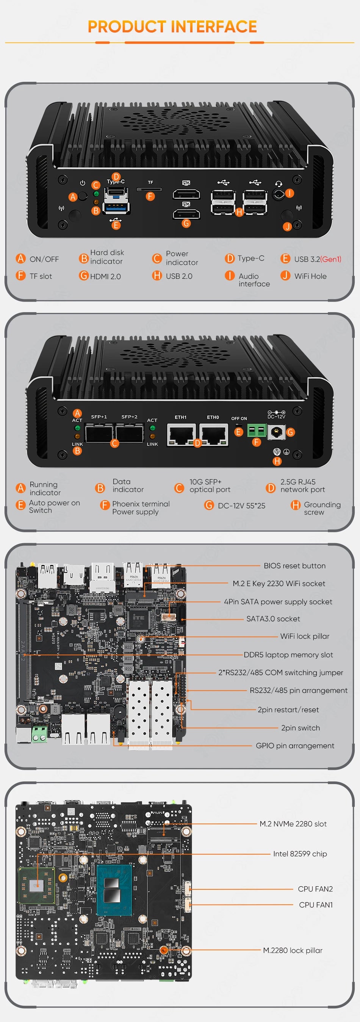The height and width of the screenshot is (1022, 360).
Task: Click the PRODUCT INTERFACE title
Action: tap(172, 27)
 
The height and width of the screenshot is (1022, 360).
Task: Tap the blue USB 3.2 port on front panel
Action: tap(116, 207)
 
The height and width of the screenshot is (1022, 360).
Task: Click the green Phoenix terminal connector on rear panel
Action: tap(257, 430)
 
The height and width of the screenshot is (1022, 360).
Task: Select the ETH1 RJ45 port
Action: tap(182, 434)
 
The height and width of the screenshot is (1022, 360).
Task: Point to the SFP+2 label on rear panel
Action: tap(129, 417)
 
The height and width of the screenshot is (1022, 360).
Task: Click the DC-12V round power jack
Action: tap(277, 433)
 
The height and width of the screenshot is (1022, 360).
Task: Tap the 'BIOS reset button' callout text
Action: tap(294, 566)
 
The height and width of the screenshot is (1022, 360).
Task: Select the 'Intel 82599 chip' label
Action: tap(300, 854)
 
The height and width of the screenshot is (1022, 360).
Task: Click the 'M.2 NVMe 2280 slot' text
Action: tap(293, 824)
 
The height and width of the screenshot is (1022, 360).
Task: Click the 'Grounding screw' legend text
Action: tap(322, 508)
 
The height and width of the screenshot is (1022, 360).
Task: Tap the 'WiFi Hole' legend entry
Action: tap(310, 276)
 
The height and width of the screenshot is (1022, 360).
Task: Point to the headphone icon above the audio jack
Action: tap(279, 184)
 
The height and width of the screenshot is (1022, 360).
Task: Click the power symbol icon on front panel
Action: tap(83, 183)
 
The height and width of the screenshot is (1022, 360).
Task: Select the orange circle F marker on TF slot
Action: tap(150, 196)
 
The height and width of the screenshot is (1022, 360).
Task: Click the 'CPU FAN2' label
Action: tap(315, 889)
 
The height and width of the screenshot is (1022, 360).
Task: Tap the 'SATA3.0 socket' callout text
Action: tap(273, 619)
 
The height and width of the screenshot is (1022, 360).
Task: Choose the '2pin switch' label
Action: tap(300, 728)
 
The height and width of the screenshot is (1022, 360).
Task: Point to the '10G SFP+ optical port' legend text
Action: tap(210, 486)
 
